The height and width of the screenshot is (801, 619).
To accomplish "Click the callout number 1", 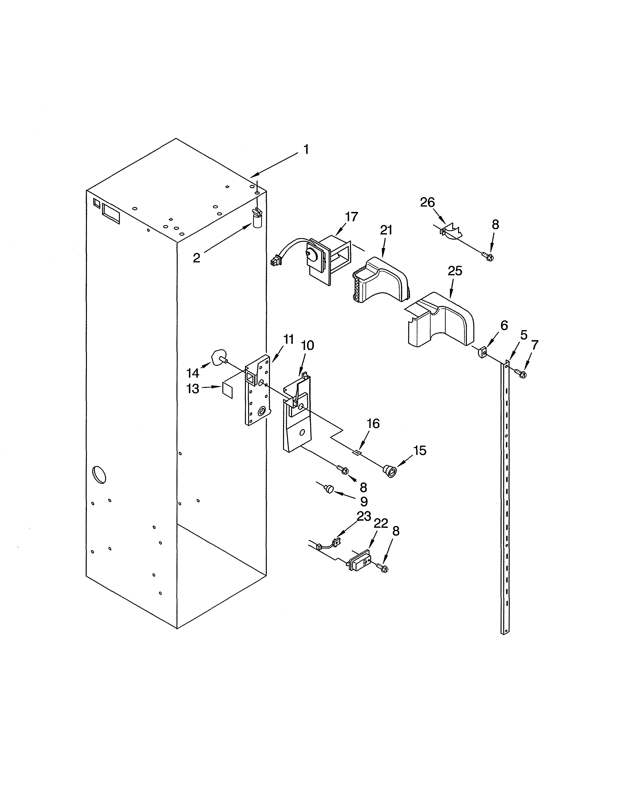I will click(x=306, y=149).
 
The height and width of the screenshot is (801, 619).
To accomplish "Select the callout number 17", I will click(x=351, y=217).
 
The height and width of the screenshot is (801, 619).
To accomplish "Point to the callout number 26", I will click(x=427, y=202).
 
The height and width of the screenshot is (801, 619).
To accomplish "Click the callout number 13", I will click(x=193, y=389).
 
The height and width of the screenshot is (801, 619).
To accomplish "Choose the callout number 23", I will click(x=364, y=516).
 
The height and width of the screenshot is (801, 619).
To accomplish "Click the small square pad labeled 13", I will click(x=227, y=391).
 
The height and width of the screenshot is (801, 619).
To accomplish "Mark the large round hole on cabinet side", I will click(x=99, y=474).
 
